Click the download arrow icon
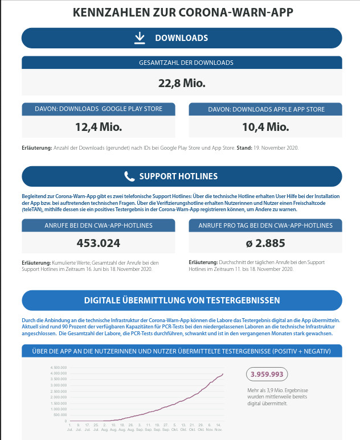pyautogui.click(x=140, y=38)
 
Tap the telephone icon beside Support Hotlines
pyautogui.click(x=129, y=176)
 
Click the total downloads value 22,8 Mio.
pyautogui.click(x=182, y=83)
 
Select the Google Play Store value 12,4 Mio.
pyautogui.click(x=99, y=126)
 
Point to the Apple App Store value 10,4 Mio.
pyautogui.click(x=265, y=126)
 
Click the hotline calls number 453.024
pyautogui.click(x=99, y=243)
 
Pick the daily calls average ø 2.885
pyautogui.click(x=265, y=243)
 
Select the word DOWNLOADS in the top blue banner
pyautogui.click(x=182, y=38)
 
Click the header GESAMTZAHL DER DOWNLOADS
pyautogui.click(x=182, y=63)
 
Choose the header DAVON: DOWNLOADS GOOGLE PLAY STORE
pyautogui.click(x=99, y=109)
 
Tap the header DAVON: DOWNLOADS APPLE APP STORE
pyautogui.click(x=265, y=109)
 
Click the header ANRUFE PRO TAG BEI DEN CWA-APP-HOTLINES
pyautogui.click(x=265, y=225)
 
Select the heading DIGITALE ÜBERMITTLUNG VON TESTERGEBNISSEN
pyautogui.click(x=182, y=300)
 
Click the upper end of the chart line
pyautogui.click(x=223, y=373)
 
